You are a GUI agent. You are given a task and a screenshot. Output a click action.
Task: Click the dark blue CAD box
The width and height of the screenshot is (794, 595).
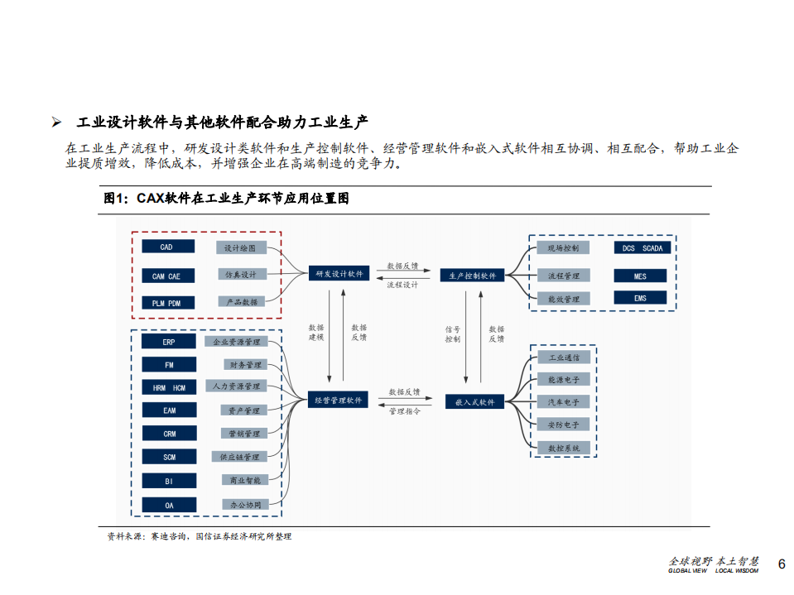[167, 247]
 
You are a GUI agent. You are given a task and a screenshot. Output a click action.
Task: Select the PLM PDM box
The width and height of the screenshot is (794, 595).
[167, 303]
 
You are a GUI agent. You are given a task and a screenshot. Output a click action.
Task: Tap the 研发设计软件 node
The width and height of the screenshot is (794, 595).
[339, 274]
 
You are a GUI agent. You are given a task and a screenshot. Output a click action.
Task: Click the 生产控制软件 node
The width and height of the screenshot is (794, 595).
[473, 276]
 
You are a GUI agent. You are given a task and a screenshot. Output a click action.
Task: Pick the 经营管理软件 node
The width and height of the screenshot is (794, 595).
[339, 400]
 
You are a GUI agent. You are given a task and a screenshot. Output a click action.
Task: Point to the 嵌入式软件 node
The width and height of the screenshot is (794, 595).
[474, 401]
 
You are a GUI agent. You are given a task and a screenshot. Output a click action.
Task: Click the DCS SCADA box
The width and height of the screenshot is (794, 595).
[640, 248]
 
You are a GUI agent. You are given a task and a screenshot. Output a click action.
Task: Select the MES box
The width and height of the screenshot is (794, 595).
[640, 276]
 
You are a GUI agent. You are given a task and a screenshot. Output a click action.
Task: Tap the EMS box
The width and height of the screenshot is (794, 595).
[640, 298]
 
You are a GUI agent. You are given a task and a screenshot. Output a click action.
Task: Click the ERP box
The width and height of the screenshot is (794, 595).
[169, 341]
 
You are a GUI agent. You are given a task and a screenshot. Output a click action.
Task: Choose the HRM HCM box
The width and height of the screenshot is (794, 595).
[169, 387]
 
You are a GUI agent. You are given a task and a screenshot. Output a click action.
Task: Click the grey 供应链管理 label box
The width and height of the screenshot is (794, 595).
[239, 457]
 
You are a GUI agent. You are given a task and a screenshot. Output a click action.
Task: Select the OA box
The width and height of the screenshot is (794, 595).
[169, 505]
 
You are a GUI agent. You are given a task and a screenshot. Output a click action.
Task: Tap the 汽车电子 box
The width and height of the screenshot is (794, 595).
[563, 401]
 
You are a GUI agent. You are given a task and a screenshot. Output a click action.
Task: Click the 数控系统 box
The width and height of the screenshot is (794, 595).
[563, 448]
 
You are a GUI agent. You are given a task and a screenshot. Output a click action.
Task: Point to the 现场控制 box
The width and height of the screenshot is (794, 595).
[563, 247]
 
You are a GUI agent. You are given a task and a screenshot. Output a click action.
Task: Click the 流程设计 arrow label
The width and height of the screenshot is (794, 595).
[402, 285]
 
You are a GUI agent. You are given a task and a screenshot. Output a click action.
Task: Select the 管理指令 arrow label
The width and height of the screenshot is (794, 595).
[404, 411]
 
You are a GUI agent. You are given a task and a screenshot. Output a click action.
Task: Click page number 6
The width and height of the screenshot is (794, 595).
[781, 564]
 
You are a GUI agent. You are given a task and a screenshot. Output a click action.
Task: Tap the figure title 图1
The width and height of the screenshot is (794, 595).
[116, 199]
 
